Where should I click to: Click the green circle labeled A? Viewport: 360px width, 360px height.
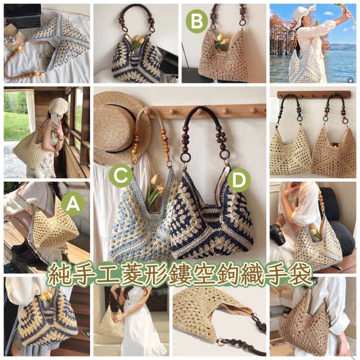[73, 204]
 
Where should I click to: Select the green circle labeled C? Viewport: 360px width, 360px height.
[121, 176]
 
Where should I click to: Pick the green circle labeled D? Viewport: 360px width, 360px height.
[239, 180]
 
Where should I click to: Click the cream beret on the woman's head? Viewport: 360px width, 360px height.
[59, 106]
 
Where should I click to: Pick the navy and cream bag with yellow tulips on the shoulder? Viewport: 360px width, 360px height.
[49, 319]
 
